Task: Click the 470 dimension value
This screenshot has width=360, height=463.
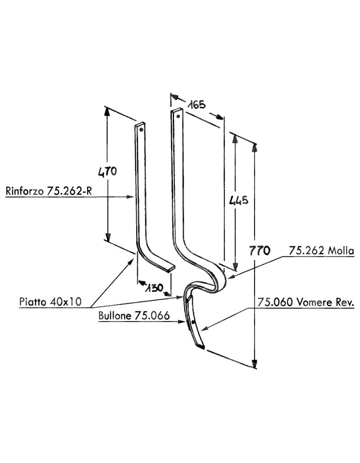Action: [107, 171]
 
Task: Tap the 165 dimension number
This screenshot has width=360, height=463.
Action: [196, 104]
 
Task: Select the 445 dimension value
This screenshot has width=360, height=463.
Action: [239, 200]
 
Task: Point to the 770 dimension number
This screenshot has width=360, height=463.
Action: [260, 251]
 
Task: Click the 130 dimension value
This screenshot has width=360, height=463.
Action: [154, 287]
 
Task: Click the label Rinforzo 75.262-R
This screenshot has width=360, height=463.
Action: [49, 191]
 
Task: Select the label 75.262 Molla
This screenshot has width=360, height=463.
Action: [321, 251]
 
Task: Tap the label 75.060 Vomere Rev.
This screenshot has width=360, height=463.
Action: [305, 302]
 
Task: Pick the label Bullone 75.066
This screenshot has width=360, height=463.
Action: [134, 316]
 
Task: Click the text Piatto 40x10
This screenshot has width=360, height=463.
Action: [50, 301]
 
